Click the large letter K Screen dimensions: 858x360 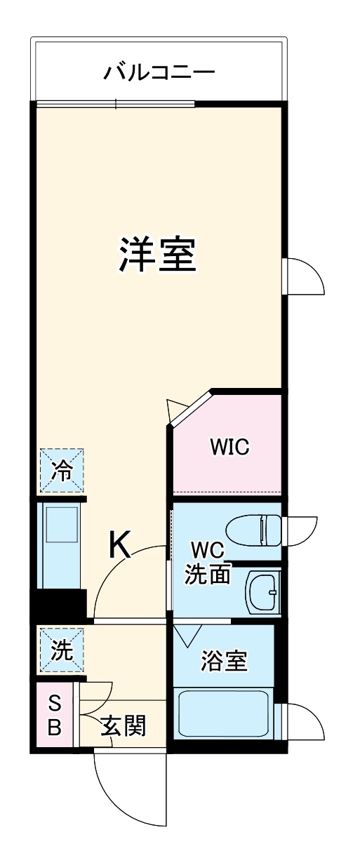tap(120, 544)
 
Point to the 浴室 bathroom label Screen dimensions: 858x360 tap(224, 660)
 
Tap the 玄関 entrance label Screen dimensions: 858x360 tap(124, 726)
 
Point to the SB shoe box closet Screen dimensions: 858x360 tap(54, 716)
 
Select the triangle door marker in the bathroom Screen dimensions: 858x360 tap(187, 636)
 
